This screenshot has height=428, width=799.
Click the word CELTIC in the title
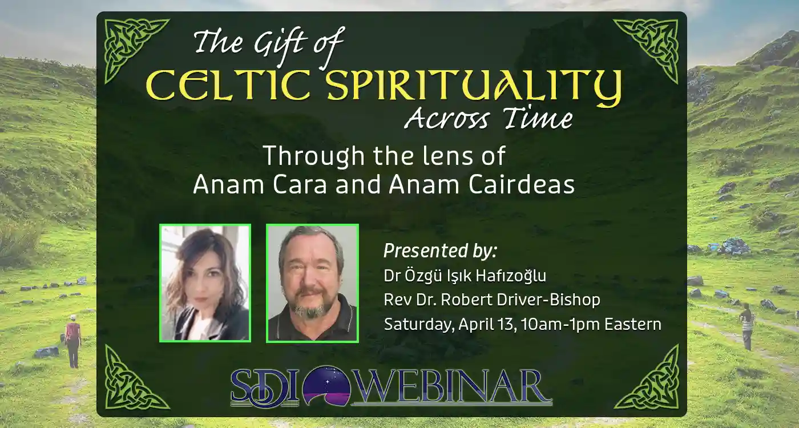228,85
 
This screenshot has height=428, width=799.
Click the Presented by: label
440,251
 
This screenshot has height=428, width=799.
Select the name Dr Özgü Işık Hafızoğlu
465,276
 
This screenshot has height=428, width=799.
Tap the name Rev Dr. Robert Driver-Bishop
492,300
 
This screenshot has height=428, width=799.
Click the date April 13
487,325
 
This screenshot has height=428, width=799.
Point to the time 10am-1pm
560,325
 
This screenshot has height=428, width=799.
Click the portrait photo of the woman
205,283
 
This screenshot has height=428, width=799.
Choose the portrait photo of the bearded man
313,283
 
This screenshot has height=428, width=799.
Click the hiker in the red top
72,341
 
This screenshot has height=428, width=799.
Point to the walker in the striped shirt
746,326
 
